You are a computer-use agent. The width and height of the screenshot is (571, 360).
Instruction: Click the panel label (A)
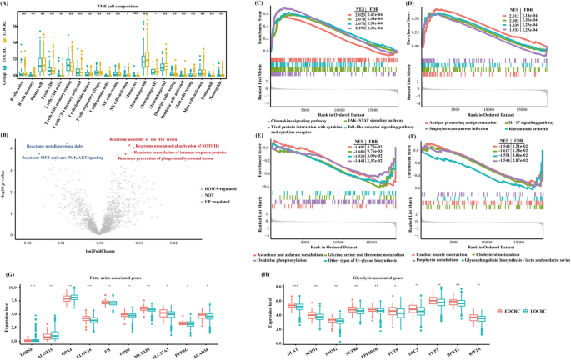(x=6, y=4)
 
